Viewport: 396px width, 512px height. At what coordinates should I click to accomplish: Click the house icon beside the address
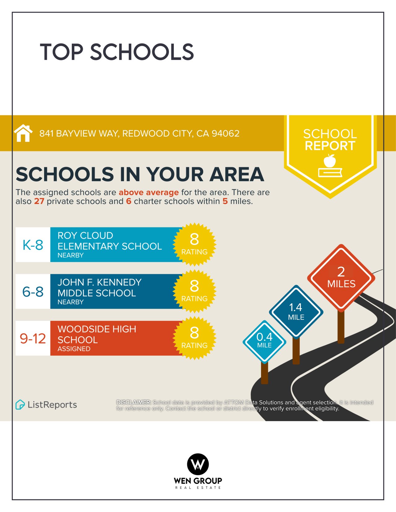23,133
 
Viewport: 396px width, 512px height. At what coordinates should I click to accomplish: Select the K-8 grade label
33,245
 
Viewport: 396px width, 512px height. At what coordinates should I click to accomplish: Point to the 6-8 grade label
33,292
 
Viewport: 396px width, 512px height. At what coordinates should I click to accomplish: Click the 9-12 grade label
33,338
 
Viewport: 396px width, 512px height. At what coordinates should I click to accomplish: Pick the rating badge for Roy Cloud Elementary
194,244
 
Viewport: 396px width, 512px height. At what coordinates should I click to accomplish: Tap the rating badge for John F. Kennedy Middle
194,291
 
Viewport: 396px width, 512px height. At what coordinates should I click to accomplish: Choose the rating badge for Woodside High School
194,338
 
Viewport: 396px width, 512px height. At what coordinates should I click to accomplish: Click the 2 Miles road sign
341,277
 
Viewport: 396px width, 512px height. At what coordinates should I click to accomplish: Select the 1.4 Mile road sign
296,311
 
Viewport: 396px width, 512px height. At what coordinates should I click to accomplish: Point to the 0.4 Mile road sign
264,341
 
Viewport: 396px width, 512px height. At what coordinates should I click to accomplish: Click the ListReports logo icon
20,404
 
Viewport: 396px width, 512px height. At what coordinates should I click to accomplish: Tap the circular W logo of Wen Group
198,464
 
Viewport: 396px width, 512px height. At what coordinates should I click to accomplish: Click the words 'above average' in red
148,192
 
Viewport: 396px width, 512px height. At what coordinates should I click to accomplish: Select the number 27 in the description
39,201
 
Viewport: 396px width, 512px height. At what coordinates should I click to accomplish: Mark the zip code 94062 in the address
226,134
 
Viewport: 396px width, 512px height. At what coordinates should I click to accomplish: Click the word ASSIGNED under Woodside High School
74,349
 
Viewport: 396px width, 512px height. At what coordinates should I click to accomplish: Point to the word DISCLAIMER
134,402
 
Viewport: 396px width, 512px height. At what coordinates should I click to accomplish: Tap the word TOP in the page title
62,52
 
